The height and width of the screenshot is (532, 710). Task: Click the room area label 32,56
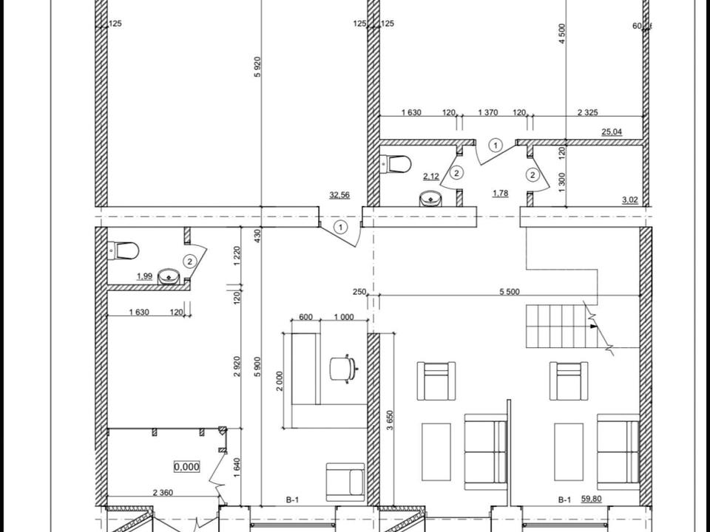(339, 195)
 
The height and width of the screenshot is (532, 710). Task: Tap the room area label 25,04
(612, 132)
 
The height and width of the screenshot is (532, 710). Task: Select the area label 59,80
(591, 499)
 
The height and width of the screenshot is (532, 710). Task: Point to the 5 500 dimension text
(510, 292)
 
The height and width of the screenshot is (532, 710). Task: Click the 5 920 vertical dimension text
(257, 66)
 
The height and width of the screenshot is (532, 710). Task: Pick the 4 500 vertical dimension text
(562, 33)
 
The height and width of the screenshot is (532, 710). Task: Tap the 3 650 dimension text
(390, 420)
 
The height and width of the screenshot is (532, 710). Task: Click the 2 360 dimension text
(163, 493)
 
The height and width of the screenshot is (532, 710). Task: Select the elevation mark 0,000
(186, 466)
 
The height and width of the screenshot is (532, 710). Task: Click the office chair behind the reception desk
(342, 368)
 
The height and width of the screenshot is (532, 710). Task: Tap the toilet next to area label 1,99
(124, 250)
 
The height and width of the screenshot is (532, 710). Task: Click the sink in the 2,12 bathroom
(430, 199)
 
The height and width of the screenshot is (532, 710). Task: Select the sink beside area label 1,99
(169, 277)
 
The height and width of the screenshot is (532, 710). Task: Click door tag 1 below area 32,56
(340, 227)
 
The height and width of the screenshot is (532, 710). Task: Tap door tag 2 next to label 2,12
(457, 172)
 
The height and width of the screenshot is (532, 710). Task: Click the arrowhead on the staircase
(594, 326)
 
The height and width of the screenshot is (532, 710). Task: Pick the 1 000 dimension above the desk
(344, 317)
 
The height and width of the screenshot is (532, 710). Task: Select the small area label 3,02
(631, 199)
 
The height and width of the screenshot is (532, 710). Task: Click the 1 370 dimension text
(488, 112)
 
